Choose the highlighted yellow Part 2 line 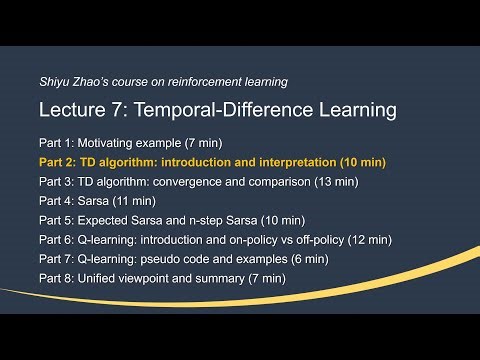point(212,161)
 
